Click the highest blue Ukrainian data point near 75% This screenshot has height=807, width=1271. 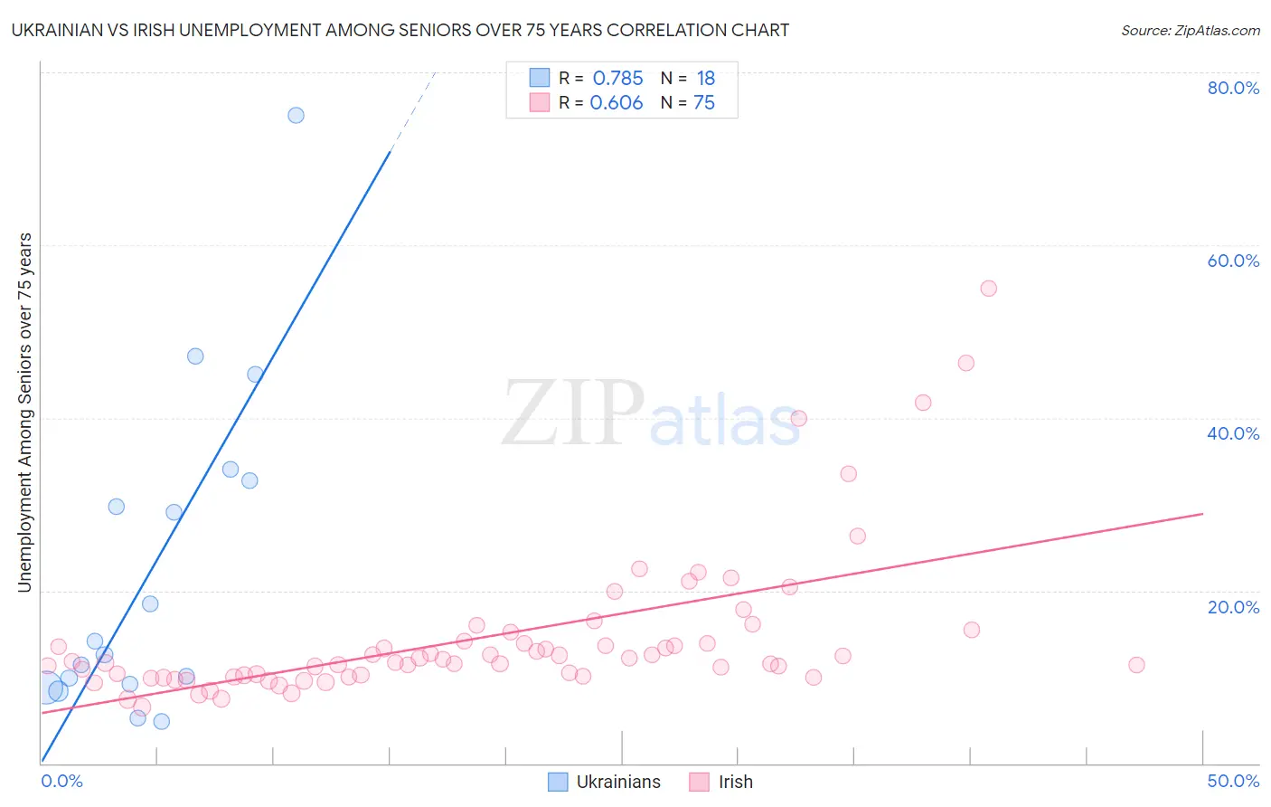(x=296, y=115)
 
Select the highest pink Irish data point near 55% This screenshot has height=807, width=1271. (x=988, y=289)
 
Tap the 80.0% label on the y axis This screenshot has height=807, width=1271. (x=1233, y=88)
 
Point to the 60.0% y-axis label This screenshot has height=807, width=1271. (x=1233, y=261)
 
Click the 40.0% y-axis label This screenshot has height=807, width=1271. (x=1233, y=433)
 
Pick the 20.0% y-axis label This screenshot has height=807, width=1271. (x=1233, y=607)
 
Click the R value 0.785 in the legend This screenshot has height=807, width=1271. (x=617, y=79)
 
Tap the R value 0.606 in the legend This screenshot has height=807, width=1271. (x=617, y=103)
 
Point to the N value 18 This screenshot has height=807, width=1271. (x=705, y=79)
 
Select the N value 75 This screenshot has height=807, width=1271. (x=704, y=103)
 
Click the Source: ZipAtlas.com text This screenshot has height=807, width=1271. (x=1190, y=31)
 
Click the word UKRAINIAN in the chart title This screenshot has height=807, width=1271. (x=57, y=31)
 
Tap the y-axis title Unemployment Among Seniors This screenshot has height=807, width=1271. (x=24, y=413)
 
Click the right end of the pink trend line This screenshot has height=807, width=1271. (x=1202, y=514)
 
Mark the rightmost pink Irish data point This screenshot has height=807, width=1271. (x=1136, y=665)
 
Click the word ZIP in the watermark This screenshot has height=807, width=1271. (x=572, y=413)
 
